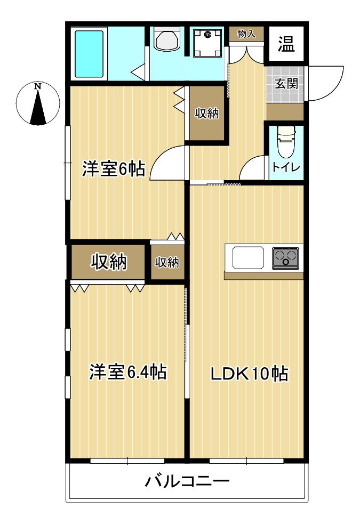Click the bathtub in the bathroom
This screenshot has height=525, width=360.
point(89,54)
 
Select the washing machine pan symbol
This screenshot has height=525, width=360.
point(207,43)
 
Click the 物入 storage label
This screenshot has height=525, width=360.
point(246,34)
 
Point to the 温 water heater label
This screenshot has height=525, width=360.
point(286,44)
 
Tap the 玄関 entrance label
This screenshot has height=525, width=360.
point(286,84)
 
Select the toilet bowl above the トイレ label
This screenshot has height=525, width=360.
point(286,141)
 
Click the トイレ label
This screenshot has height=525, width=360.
point(286,167)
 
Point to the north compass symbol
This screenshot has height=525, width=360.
point(38,103)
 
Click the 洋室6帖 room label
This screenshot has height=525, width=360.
point(114,169)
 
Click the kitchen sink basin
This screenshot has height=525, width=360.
point(248,257)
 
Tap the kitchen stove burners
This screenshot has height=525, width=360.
point(286,258)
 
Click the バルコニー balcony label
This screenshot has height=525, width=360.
point(187,481)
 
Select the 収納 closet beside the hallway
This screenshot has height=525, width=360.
point(206,114)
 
